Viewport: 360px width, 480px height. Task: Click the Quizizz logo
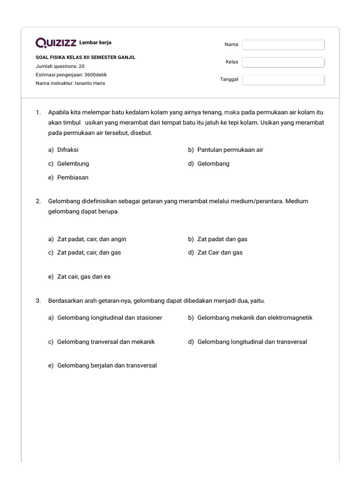[x=56, y=43]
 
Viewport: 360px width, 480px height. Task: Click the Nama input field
[x=283, y=45]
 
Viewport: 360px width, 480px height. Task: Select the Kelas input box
[x=283, y=62]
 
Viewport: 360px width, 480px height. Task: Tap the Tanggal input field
[x=283, y=80]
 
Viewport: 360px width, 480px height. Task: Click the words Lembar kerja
[x=95, y=43]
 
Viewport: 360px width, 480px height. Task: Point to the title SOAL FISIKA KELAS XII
[x=85, y=57]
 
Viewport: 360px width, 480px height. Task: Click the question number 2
[x=38, y=201]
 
